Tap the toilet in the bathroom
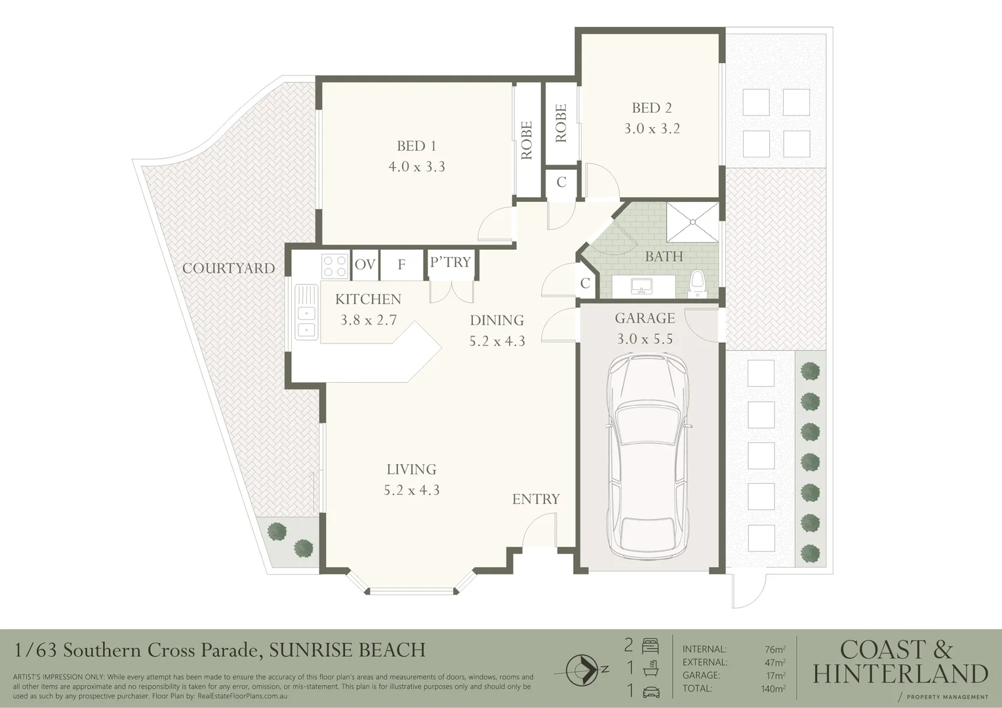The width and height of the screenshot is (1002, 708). [x=697, y=283]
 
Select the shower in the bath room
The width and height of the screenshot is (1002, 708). [x=692, y=222]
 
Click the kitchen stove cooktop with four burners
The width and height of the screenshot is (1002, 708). [x=334, y=265]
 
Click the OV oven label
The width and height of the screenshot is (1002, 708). [x=365, y=265]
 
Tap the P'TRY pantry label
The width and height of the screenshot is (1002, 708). [x=450, y=262]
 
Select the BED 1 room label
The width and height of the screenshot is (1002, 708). [x=416, y=146]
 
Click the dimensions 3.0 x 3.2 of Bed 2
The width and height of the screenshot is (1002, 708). [x=651, y=128]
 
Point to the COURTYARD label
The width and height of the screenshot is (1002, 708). [x=228, y=268]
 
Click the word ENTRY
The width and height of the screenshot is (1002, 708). [x=536, y=499]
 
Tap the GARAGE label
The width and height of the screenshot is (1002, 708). [x=645, y=319]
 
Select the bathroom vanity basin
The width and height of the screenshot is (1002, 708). [x=638, y=286]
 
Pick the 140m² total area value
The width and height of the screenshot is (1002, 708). [x=772, y=688]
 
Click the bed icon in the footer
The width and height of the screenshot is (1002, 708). [x=650, y=646]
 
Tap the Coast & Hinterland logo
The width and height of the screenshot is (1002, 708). [x=900, y=662]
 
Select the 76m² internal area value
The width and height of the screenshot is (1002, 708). [x=774, y=650]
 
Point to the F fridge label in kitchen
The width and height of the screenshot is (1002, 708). [x=401, y=265]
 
